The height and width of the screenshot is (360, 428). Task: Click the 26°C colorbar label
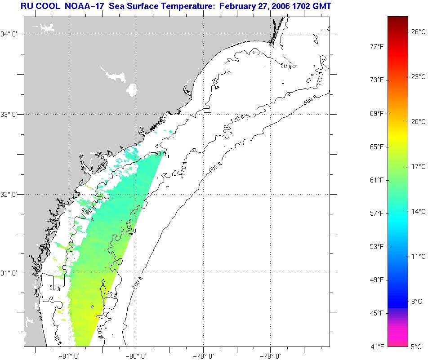tap(418, 31)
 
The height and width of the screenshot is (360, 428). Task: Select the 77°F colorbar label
tap(377, 47)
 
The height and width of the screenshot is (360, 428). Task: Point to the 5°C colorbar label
tap(417, 347)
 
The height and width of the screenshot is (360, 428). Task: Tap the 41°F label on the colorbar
tap(377, 347)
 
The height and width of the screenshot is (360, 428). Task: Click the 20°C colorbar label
tap(418, 122)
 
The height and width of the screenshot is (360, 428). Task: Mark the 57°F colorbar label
tap(377, 213)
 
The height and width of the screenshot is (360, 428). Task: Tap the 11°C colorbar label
tap(418, 257)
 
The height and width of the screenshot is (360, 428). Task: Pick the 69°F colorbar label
tap(377, 113)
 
